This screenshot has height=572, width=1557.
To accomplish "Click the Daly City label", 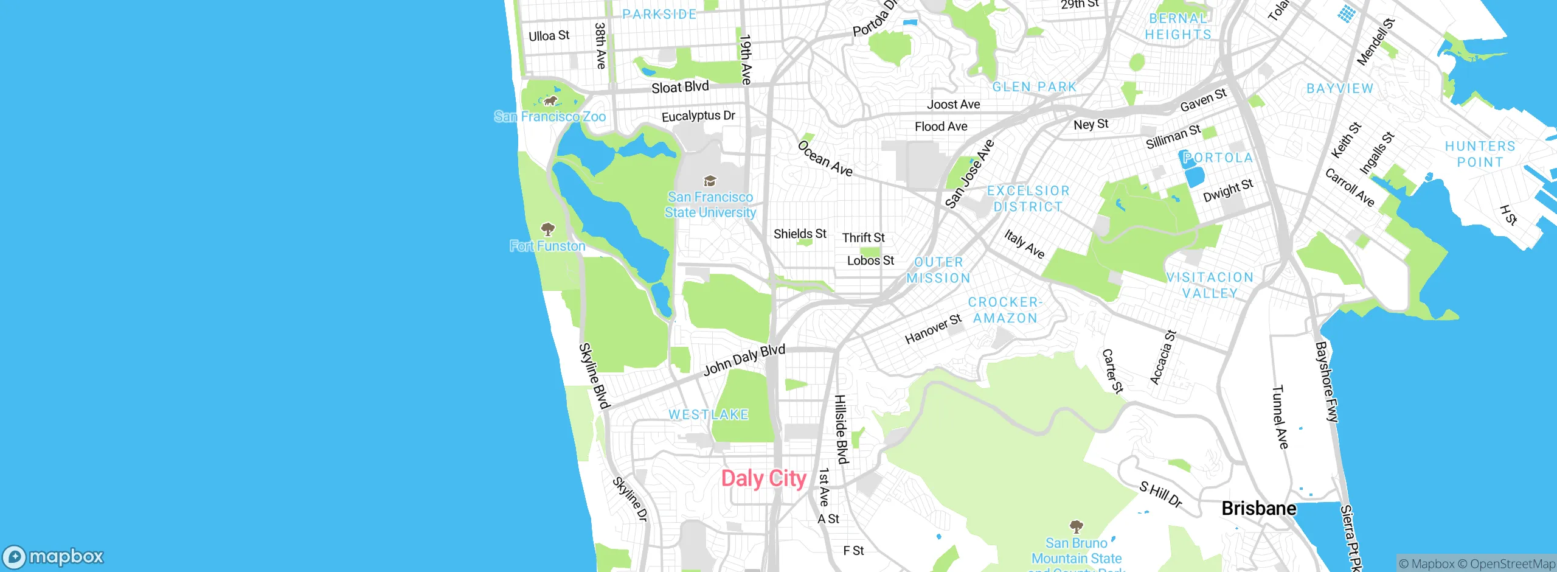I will (x=763, y=479).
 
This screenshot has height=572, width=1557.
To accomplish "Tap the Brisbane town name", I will (x=1258, y=508).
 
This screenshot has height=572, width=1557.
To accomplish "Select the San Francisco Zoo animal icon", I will (x=550, y=100).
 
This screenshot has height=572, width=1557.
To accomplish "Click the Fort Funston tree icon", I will (x=548, y=229).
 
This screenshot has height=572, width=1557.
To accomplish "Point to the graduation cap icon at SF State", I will (x=710, y=181).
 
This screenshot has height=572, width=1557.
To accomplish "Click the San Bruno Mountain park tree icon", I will (x=1076, y=526).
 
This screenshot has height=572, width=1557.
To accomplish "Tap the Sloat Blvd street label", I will (x=680, y=87).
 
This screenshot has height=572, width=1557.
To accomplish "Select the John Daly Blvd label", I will (x=744, y=360).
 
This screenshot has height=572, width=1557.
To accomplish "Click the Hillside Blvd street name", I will (x=841, y=429).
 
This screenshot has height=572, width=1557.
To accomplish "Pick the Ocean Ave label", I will (x=825, y=159).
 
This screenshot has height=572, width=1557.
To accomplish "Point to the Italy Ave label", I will (x=1024, y=244).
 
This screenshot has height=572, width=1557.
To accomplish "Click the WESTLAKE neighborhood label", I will (x=709, y=414).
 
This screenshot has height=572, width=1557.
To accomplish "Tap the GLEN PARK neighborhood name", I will (x=1034, y=87).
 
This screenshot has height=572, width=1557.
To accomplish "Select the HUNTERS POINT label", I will (x=1480, y=154).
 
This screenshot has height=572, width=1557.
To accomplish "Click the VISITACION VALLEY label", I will (x=1210, y=285).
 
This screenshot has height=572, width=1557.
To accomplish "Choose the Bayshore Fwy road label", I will (x=1326, y=382).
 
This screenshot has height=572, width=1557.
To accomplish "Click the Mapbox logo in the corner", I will (x=54, y=556).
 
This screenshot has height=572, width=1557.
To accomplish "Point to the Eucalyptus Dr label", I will (x=698, y=116).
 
